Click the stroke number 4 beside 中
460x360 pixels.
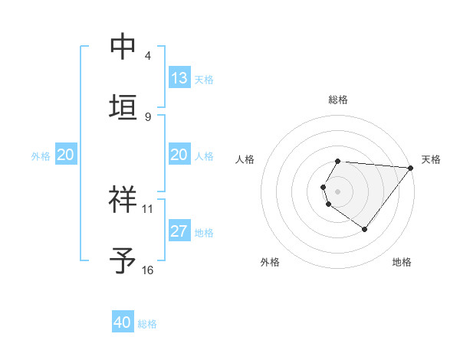[148, 56]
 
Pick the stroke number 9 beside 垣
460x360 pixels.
[148, 116]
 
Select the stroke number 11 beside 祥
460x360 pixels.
[148, 208]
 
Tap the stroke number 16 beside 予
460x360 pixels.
[148, 270]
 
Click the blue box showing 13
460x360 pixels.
[179, 78]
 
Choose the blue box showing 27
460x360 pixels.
[179, 231]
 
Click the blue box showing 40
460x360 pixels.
[123, 322]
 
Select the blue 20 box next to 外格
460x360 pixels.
[65, 155]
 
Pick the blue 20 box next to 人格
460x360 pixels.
[179, 155]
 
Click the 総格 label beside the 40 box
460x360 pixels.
[147, 324]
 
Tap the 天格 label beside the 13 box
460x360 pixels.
[204, 80]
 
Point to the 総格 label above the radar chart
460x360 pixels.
[337, 100]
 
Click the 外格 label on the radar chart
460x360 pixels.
[269, 262]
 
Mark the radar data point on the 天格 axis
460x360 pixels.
[410, 167]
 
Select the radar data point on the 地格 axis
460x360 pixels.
[364, 229]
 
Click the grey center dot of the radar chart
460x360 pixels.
[337, 191]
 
